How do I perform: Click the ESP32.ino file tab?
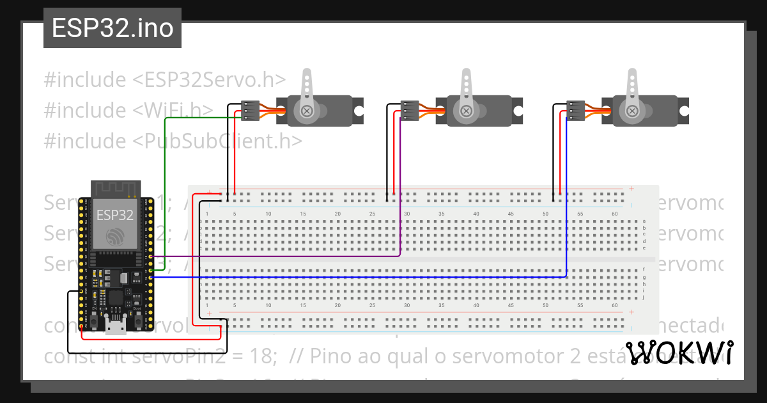pos(112,29)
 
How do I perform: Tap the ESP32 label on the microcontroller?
pos(115,214)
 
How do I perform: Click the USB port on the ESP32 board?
pos(116,328)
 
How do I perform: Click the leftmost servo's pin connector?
pos(250,110)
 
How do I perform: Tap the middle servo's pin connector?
pos(410,110)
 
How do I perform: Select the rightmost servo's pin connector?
pos(576,110)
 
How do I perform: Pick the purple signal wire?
pos(275,257)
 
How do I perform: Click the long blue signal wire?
pos(358,277)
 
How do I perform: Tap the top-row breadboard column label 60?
pos(614,214)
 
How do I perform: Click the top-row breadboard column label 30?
pos(407,214)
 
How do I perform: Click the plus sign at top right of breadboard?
pos(631,189)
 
